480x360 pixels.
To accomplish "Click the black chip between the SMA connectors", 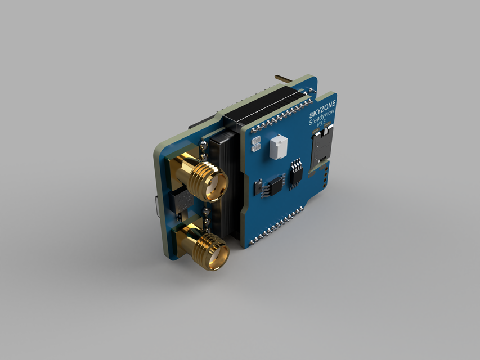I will pyautogui.click(x=181, y=201).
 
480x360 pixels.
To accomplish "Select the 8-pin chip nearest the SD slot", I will pyautogui.click(x=295, y=173).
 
